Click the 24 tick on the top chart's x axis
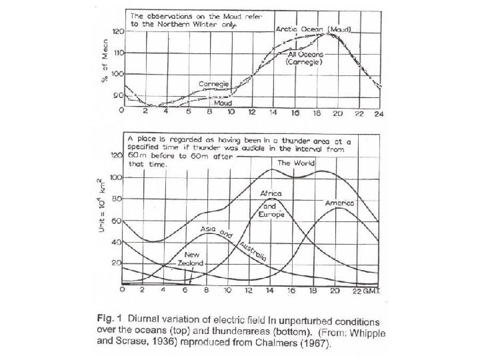tap(379, 114)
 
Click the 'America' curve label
tap(340, 201)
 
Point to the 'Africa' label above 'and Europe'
tap(272, 193)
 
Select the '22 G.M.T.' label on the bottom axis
tap(367, 291)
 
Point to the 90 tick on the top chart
tap(117, 95)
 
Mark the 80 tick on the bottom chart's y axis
tap(117, 199)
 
